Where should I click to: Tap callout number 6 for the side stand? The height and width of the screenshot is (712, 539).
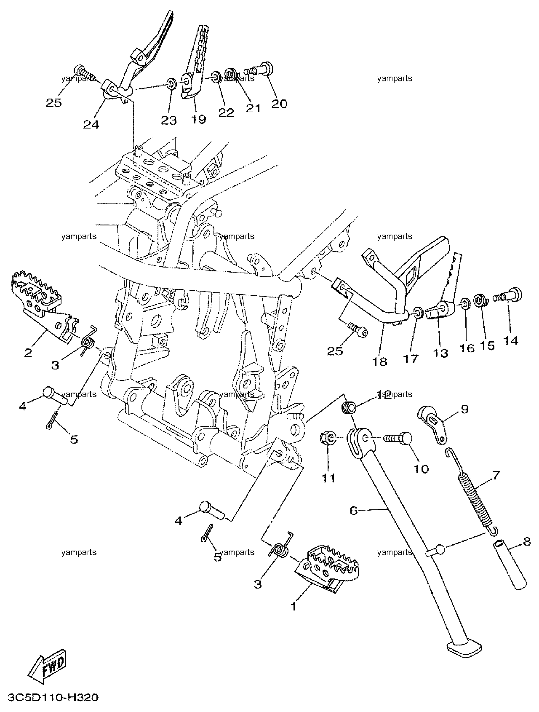pyautogui.click(x=354, y=511)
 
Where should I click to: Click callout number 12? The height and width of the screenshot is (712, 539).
pyautogui.click(x=384, y=394)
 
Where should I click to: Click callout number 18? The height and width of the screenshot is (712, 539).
pyautogui.click(x=380, y=361)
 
